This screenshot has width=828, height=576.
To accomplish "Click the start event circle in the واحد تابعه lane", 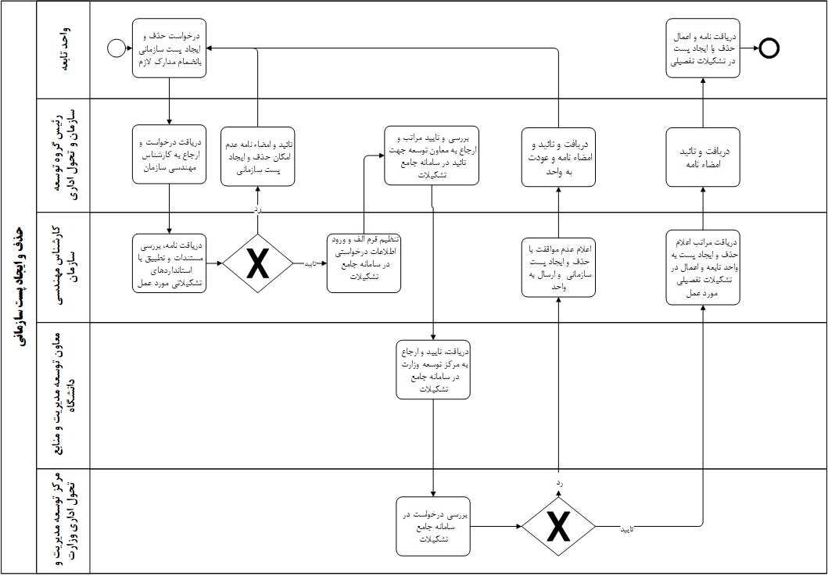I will (x=116, y=49).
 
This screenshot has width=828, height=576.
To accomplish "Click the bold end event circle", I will (x=769, y=48).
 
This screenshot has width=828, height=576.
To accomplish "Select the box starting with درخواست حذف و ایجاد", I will (x=169, y=48).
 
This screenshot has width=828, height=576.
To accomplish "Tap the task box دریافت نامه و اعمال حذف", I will (x=703, y=49).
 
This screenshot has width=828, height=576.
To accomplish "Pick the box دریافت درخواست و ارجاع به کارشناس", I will (x=169, y=155).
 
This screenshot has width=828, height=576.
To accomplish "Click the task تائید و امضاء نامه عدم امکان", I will (x=257, y=156).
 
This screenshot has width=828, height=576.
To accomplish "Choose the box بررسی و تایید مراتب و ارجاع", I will (x=431, y=155).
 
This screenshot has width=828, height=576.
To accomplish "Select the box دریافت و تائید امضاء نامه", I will (x=703, y=156).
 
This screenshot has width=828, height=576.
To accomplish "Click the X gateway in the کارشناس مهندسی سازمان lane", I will (x=257, y=264).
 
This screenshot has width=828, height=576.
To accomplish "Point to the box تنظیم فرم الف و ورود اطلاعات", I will (x=364, y=263).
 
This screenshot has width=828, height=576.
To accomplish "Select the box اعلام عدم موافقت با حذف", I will (x=558, y=268).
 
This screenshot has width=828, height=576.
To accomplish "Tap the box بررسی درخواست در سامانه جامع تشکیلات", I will (x=432, y=526).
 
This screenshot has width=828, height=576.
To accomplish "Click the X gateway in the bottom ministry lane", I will (x=558, y=526).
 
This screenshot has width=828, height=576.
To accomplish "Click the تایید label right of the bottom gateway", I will (x=626, y=530).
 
